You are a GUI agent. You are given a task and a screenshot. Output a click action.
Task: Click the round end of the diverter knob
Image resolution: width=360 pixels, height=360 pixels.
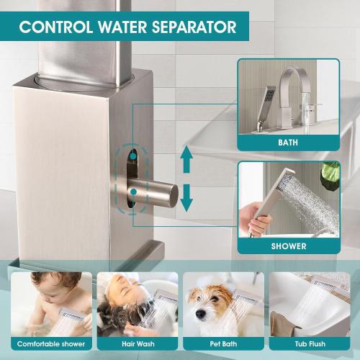click(x=171, y=194)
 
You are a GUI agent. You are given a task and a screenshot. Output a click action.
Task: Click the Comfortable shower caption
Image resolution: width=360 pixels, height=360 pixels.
click(x=50, y=343)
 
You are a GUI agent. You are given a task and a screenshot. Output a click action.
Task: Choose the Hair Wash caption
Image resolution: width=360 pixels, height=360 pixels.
click(x=137, y=343)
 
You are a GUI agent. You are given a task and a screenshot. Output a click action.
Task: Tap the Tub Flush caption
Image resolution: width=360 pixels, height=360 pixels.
click(x=309, y=343)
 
